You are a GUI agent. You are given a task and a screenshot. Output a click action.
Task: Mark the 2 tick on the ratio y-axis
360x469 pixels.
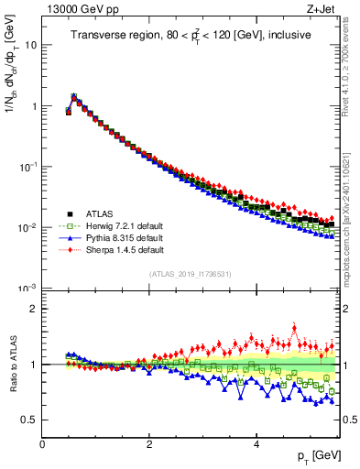(33, 309)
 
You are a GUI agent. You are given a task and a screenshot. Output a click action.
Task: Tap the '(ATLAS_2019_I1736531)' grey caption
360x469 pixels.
(191, 273)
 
